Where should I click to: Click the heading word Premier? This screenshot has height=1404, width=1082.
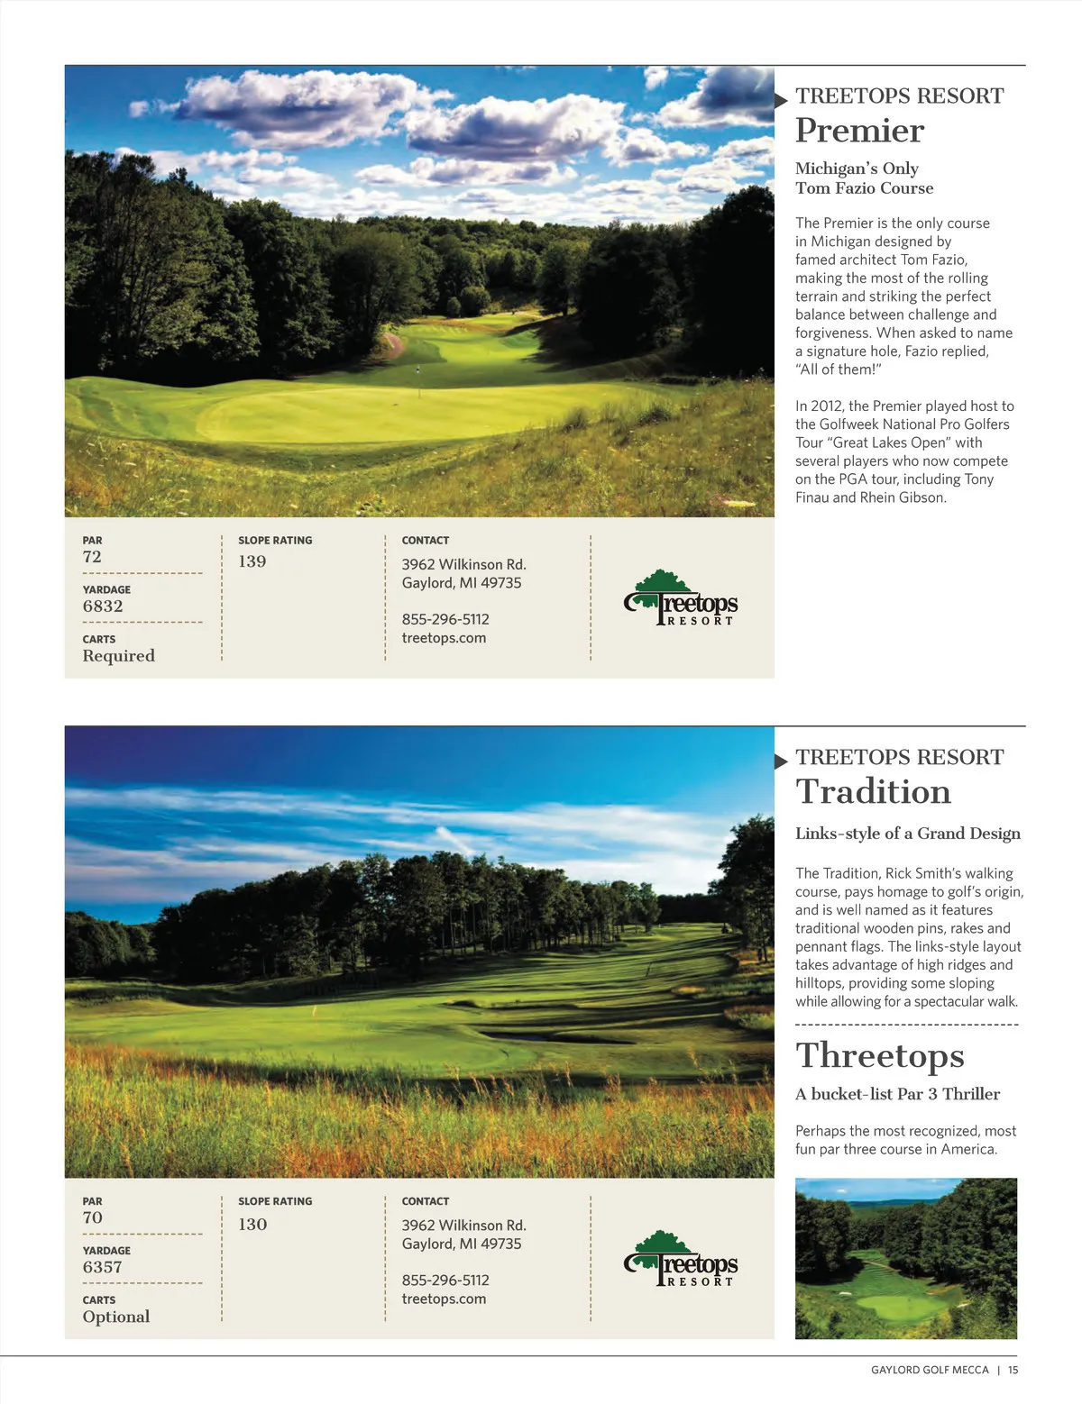859,132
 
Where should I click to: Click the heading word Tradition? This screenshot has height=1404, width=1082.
873,792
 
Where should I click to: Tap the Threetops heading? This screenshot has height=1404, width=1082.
879,1056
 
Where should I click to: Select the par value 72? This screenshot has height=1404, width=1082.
92,557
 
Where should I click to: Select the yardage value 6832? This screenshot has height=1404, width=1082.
103,606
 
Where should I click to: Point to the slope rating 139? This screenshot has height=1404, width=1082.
252,561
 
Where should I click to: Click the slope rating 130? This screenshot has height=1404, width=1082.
252,1224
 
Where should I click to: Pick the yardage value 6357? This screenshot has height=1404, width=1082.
102,1267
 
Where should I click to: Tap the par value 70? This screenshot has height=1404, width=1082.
92,1217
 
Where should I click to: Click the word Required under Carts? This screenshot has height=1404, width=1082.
118,656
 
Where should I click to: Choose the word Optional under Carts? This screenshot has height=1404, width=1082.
116,1317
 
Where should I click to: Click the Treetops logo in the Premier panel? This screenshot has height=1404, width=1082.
681,598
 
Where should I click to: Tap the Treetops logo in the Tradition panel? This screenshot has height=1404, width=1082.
681,1259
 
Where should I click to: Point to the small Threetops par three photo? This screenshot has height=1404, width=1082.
905,1258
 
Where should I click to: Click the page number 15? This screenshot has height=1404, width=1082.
1013,1370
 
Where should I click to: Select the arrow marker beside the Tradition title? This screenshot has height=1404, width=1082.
781,761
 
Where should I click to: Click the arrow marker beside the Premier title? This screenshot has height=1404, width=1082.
781,100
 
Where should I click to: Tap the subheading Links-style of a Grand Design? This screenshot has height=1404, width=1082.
907,834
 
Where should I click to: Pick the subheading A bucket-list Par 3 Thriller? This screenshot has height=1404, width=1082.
897,1094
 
